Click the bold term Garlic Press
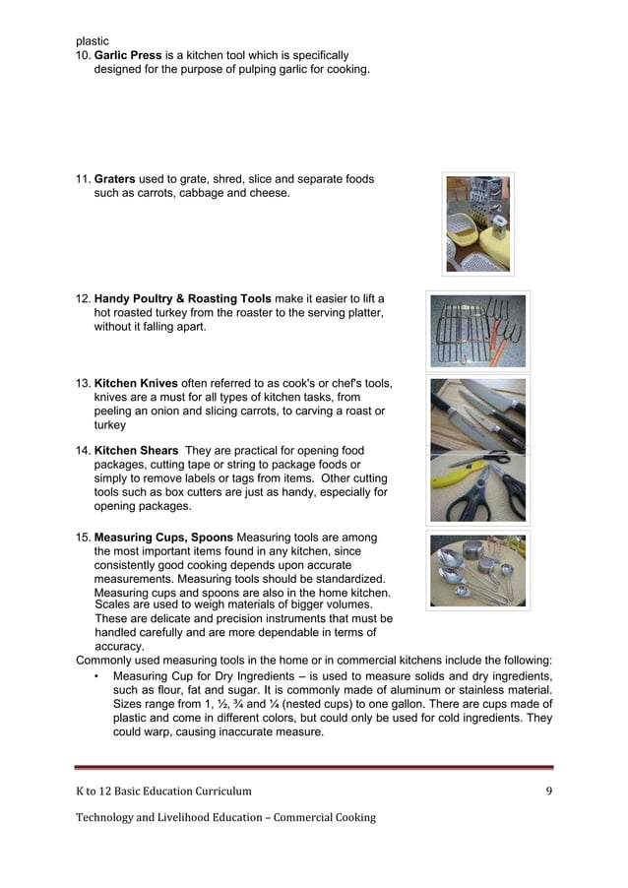(x=127, y=56)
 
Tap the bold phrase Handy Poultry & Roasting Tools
(x=183, y=298)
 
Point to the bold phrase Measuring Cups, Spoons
(x=163, y=538)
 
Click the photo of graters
(x=478, y=223)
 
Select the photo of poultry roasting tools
(x=478, y=330)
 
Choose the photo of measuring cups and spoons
(x=478, y=570)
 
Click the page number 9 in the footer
(x=548, y=791)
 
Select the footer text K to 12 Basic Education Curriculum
(x=163, y=791)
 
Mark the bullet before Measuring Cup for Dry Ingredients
(x=95, y=676)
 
